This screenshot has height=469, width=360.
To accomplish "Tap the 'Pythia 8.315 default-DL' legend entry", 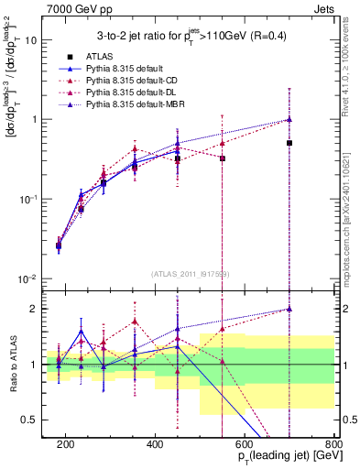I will click(x=133, y=92).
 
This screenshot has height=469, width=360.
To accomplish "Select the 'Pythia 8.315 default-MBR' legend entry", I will click(x=136, y=104).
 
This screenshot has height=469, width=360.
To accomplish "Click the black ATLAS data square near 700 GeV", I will click(x=289, y=143).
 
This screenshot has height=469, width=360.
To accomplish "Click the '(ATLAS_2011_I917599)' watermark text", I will click(x=190, y=274).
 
